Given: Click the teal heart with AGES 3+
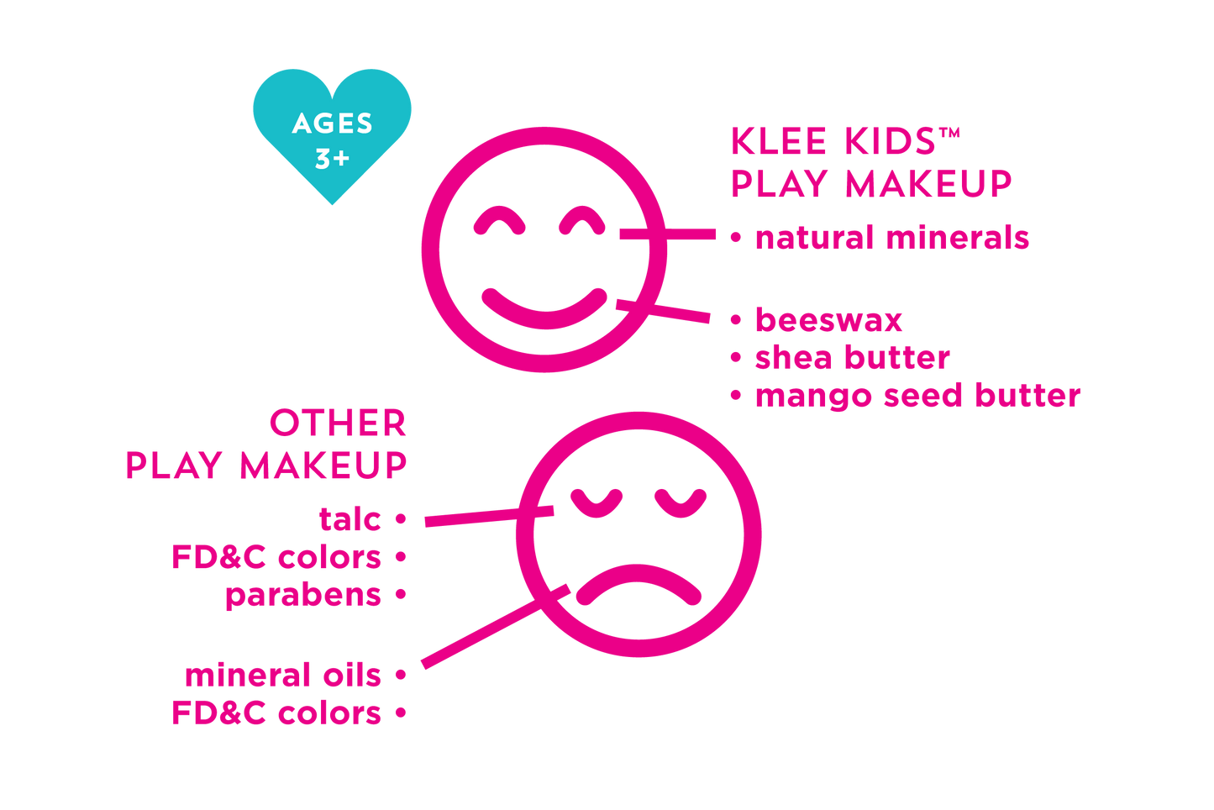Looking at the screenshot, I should pos(332,134).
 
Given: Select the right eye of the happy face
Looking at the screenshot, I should pos(583,220).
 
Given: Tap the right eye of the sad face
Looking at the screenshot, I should pos(681,502).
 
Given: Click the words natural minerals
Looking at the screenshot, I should pos(891,238).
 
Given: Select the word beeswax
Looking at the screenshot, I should pos(828,320).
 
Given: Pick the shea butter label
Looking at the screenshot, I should pos(852,358).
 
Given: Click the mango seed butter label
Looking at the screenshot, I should pos(916,395).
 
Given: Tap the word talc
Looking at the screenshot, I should pos(350,519).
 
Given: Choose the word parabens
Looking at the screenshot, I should pos(304,596).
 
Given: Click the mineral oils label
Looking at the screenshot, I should pos(284,676).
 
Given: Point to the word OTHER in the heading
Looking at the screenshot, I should pos(339,424).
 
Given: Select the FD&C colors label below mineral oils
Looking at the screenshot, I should pos(277,713).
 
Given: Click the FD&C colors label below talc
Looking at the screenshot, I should pos(277,558).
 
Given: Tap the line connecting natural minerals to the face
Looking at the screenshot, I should pos(672,234).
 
